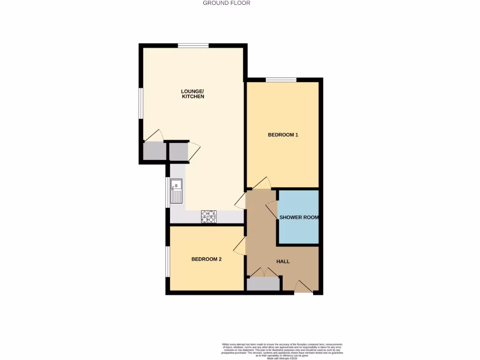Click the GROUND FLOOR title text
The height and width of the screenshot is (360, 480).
click(x=226, y=3)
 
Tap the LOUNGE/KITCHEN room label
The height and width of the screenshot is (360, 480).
click(x=193, y=93)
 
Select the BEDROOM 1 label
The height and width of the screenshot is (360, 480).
click(x=283, y=135)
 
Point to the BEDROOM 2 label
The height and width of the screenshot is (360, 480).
click(x=206, y=259)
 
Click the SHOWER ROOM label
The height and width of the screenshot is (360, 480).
click(x=299, y=217)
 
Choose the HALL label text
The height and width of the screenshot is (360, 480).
click(x=283, y=262)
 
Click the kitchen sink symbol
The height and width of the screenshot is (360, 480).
click(x=176, y=191)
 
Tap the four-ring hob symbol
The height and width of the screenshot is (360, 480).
click(x=209, y=216)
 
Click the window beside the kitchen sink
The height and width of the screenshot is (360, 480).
click(x=167, y=191)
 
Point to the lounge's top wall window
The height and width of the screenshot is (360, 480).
click(x=193, y=45)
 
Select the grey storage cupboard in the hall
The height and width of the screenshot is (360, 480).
click(x=263, y=284)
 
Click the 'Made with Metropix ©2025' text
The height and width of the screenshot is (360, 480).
click(x=282, y=358)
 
